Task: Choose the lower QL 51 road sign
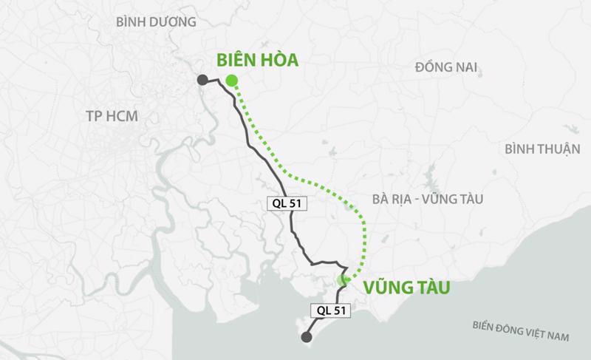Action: tap(329, 311)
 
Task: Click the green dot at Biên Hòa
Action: tap(232, 81)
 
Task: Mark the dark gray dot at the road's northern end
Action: tap(202, 80)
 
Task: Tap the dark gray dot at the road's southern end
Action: tap(306, 339)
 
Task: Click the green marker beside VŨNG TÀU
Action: tap(342, 279)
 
